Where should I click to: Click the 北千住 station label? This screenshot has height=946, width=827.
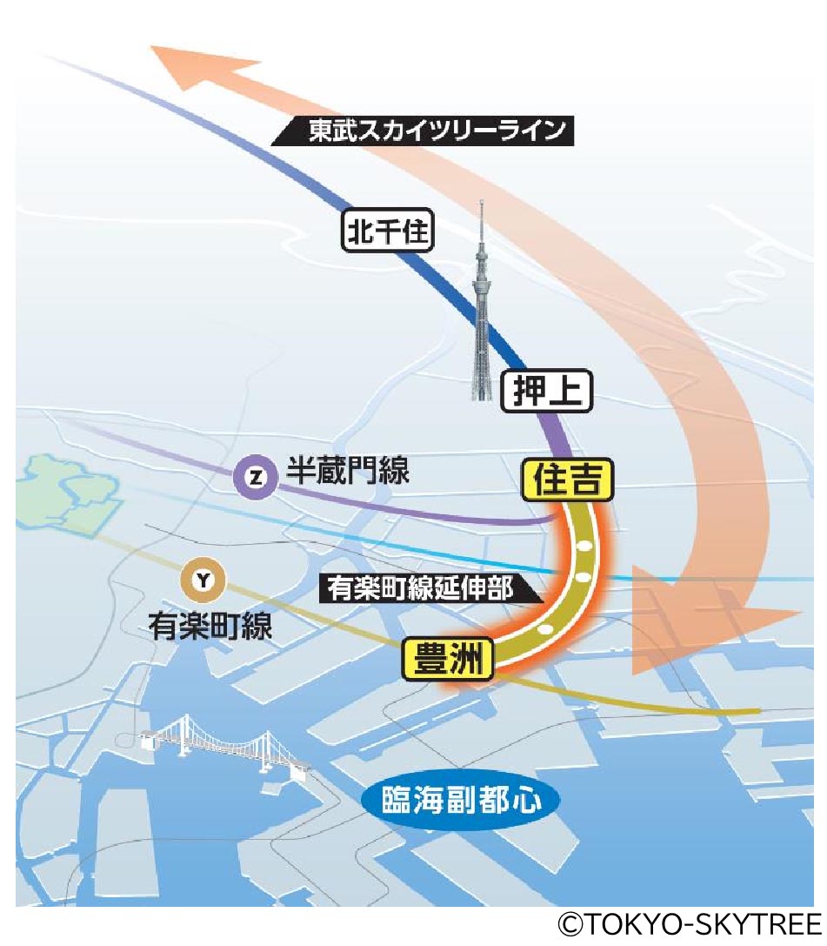[387, 232]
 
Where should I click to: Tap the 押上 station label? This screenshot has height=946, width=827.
[547, 392]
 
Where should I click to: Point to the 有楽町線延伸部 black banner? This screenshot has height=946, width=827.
[430, 588]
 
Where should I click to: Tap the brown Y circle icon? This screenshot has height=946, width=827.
[202, 579]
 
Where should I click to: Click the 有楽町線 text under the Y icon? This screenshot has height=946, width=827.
[210, 625]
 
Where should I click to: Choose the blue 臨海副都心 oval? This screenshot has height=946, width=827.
[459, 800]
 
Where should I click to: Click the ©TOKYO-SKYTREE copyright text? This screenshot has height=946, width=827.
[690, 923]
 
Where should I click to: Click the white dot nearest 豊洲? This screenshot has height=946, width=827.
[545, 627]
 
